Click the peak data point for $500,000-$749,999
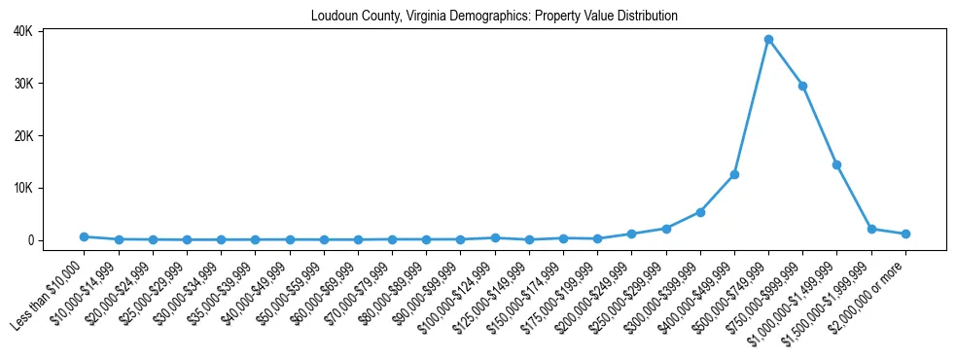[x=768, y=40]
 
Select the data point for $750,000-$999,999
[x=802, y=86]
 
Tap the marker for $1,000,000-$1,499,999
[x=836, y=165]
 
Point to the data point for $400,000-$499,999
[x=734, y=174]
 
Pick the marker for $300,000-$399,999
[x=700, y=212]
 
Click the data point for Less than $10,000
[x=85, y=236]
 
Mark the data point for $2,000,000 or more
[x=905, y=234]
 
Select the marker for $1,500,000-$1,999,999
[x=871, y=229]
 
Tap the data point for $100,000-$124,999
[x=495, y=237]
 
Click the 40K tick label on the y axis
[x=50, y=31]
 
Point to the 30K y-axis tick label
[x=50, y=84]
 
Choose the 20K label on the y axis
[x=50, y=135]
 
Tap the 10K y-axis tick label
[x=50, y=188]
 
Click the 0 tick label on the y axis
[x=56, y=240]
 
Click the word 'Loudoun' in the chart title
[x=333, y=17]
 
